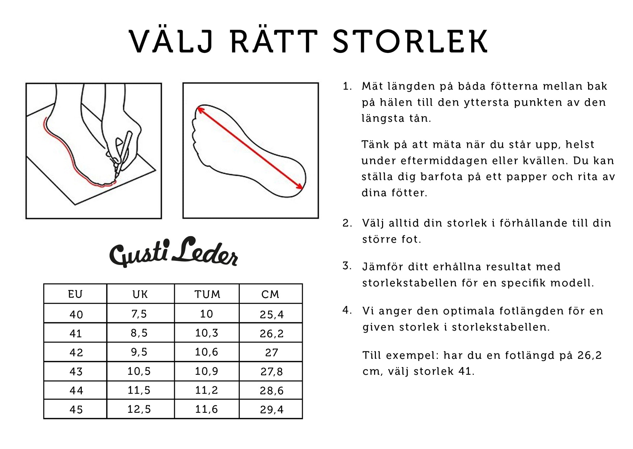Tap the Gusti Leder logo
point(173,252)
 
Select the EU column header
point(75,294)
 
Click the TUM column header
point(207,294)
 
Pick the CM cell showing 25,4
point(271,314)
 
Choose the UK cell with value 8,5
point(139,333)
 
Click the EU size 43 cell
point(76,371)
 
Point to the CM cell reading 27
point(271,352)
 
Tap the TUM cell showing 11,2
point(206,390)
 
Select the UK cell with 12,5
point(139,409)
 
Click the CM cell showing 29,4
point(271,410)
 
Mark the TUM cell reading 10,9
point(206,371)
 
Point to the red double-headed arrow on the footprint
point(250,147)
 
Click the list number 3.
point(347,266)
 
